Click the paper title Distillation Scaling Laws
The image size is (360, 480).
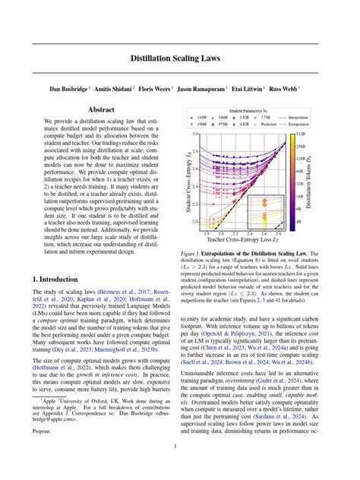point(180,57)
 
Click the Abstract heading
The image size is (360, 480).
point(101,110)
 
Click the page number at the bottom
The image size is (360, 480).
point(180,447)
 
